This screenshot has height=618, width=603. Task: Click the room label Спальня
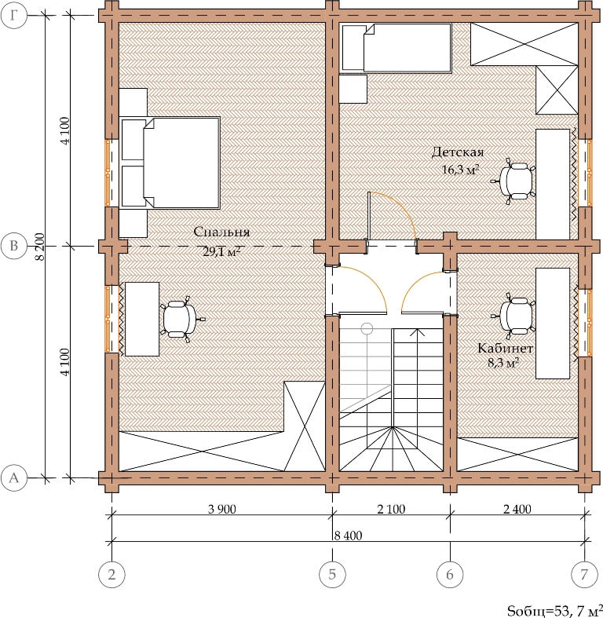coord(221,232)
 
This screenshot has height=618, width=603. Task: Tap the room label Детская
coord(458,152)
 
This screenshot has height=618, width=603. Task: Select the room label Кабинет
coord(506,348)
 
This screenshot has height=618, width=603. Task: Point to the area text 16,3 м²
coord(460,170)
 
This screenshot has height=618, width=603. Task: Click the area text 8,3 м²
coord(503,362)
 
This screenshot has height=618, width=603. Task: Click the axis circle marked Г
coord(14,16)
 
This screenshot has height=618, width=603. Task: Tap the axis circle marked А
coord(14,478)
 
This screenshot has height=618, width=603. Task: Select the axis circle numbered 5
coord(332,574)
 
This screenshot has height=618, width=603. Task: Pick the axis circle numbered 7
coord(584,574)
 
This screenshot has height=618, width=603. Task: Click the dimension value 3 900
coord(222,509)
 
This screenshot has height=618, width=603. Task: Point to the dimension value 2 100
coord(391,509)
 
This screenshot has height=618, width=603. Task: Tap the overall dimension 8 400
coord(348,536)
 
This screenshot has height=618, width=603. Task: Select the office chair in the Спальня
coord(181,319)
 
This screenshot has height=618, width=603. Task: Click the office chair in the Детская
coord(514,181)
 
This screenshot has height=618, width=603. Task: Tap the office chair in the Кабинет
coord(514,316)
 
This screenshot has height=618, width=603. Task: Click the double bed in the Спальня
coord(170,163)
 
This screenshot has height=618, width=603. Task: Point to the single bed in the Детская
coord(397,48)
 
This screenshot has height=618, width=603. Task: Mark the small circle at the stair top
coord(367,328)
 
